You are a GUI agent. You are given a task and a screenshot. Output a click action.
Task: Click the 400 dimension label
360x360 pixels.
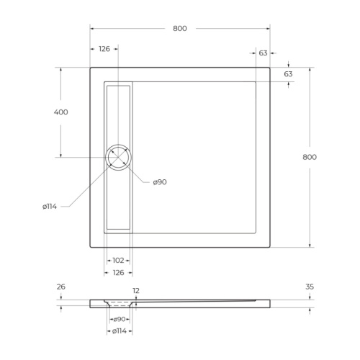tap(60, 112)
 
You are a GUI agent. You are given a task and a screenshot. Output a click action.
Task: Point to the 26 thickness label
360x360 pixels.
tap(60, 287)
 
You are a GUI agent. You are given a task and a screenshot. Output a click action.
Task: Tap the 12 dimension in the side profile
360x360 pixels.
tap(136, 292)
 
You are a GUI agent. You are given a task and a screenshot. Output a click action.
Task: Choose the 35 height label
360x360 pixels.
tap(310, 287)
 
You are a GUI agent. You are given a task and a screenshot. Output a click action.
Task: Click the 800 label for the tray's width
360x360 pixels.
tap(180, 29)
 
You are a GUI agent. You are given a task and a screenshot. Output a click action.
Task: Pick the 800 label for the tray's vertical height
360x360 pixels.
tap(310, 157)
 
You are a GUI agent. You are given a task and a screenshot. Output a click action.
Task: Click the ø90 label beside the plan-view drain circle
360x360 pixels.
tap(160, 182)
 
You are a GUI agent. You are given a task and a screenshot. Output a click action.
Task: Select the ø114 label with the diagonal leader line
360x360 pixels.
tap(50, 207)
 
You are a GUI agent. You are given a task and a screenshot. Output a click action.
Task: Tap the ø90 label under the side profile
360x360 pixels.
tap(120, 318)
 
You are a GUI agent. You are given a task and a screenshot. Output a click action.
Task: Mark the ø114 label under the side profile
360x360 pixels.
tap(120, 330)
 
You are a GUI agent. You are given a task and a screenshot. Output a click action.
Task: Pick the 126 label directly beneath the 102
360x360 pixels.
tap(118, 273)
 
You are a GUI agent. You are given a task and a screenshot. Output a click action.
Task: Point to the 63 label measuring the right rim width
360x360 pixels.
tap(263, 53)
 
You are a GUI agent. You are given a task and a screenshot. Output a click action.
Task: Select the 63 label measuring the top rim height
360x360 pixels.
tap(288, 74)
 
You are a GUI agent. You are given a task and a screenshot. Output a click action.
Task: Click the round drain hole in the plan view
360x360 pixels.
tap(117, 157)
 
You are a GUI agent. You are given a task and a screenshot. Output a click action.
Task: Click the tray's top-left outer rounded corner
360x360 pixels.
tap(92, 69)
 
